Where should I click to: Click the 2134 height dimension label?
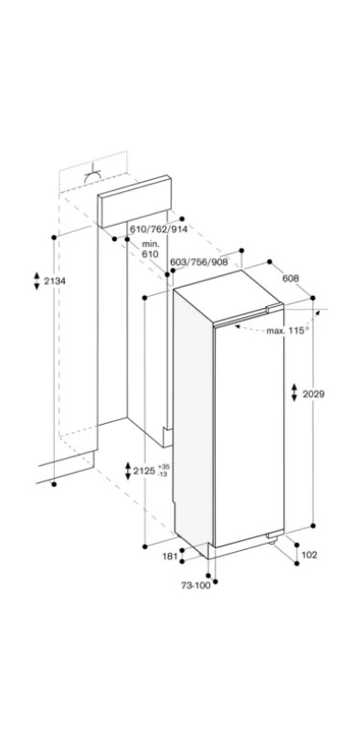56,281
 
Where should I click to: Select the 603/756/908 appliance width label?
199,262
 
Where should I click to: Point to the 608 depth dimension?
291,278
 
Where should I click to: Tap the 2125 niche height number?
143,471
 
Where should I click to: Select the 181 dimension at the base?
169,555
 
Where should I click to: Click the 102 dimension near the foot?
309,554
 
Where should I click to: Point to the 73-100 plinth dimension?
196,586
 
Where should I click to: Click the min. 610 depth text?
151,249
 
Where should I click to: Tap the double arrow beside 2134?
37,281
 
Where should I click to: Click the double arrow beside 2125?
127,471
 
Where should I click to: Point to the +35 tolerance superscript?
163,467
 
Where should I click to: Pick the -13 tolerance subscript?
163,476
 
